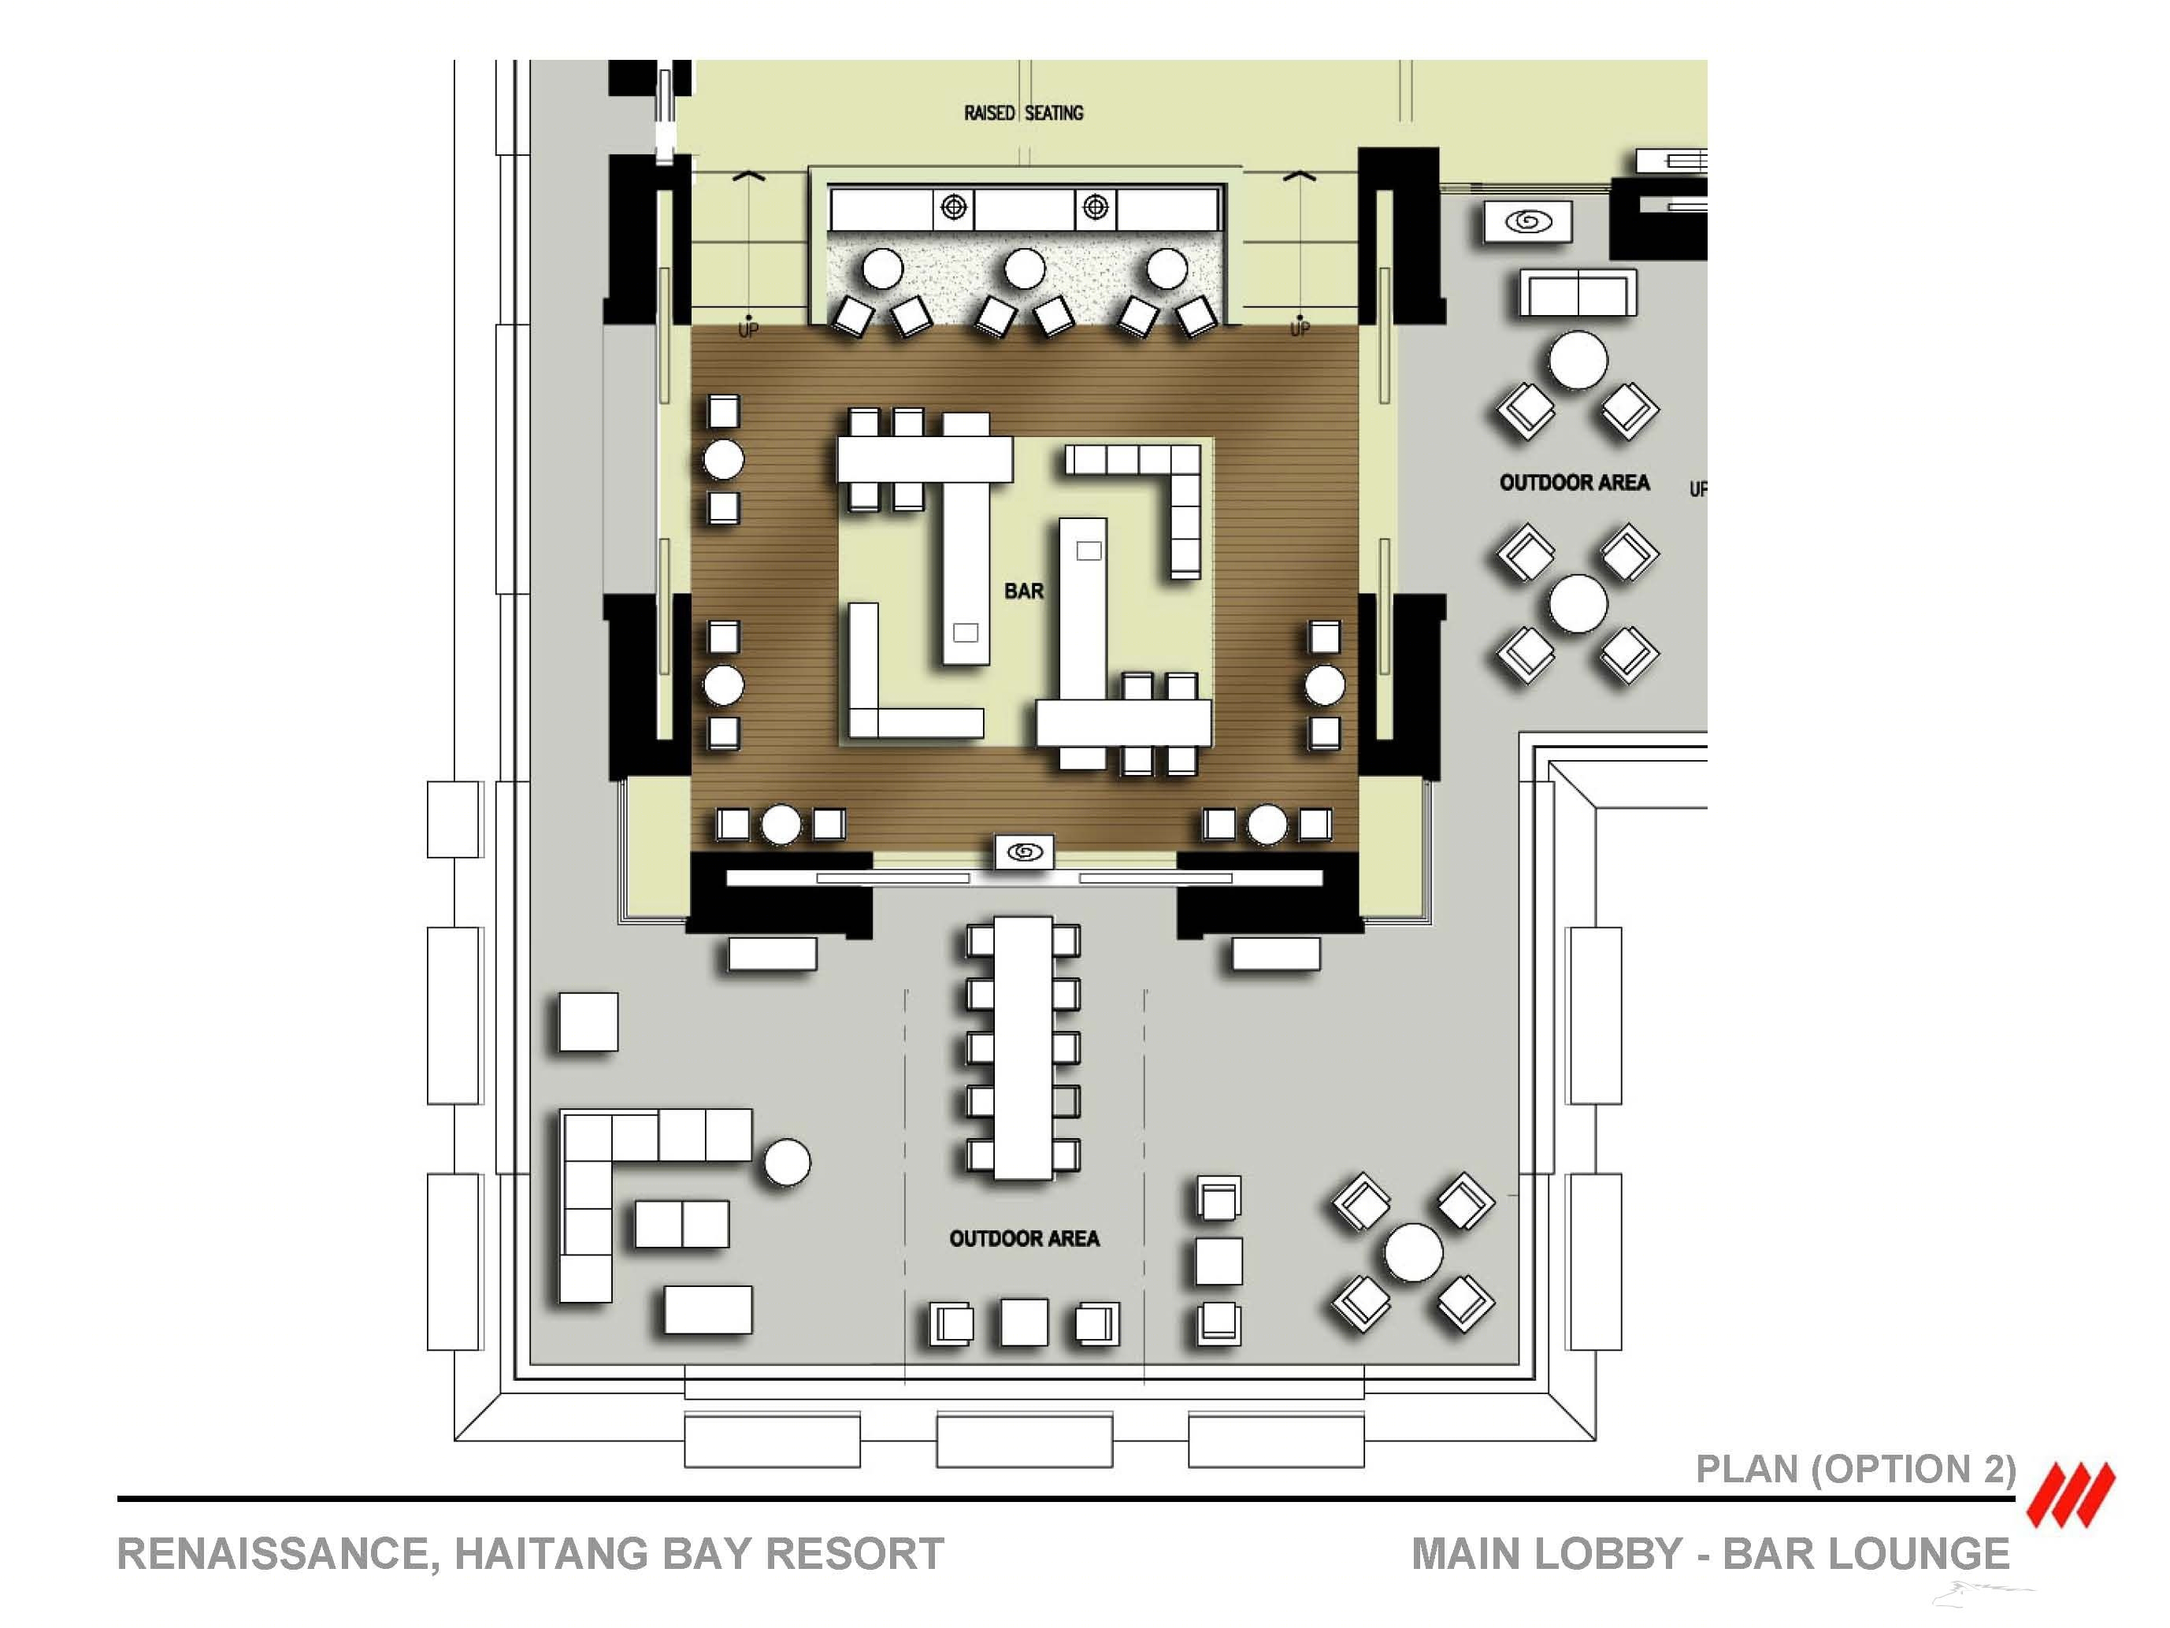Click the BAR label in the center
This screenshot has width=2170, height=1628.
point(1023,591)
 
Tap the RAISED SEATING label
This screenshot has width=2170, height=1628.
point(1023,113)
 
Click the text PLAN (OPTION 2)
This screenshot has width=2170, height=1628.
point(1856,1469)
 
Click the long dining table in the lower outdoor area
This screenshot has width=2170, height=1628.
point(1023,1048)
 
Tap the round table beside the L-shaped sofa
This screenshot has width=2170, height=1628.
point(787,1163)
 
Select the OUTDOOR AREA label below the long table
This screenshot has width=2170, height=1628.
point(1024,1239)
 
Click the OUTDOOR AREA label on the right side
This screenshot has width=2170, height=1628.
point(1575,483)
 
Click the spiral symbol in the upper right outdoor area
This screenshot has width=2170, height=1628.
point(1527,221)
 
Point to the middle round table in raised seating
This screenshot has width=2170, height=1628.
point(1026,269)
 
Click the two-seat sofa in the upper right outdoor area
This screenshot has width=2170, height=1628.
point(1578,292)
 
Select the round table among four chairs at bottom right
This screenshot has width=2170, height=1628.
point(1414,1252)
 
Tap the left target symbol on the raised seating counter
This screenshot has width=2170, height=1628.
point(954,207)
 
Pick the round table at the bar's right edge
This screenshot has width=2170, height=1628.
point(1324,685)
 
